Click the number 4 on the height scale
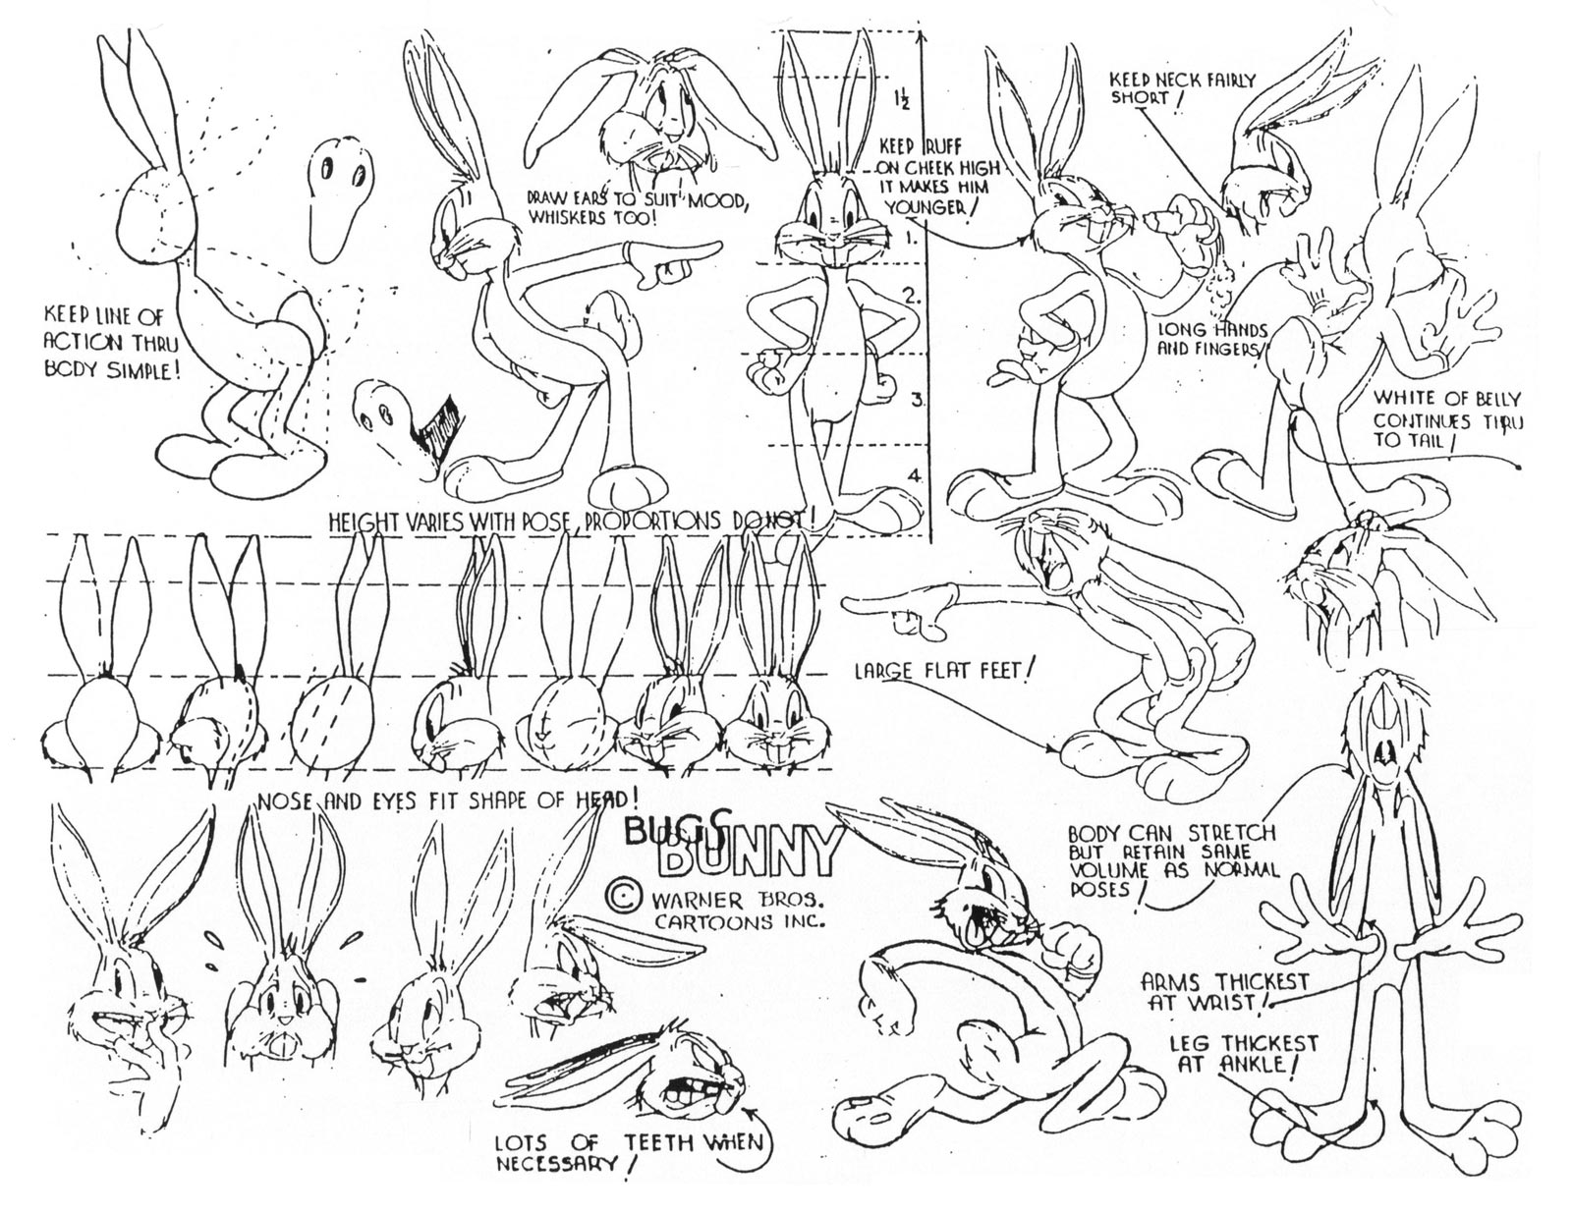coord(914,475)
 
